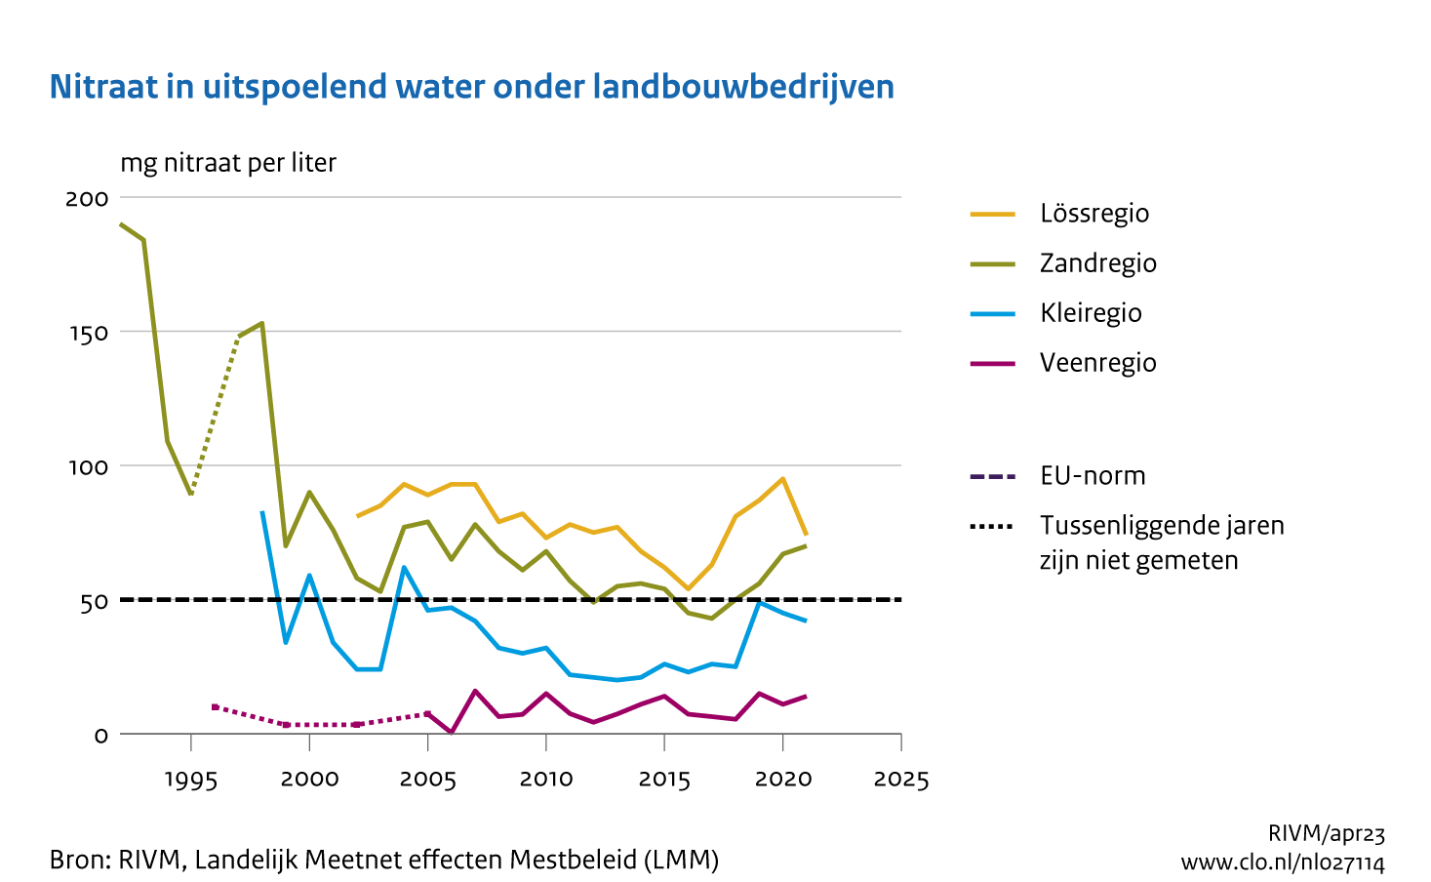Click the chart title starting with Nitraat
[471, 87]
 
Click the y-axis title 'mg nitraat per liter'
[228, 163]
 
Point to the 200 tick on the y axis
[87, 198]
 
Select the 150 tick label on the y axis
[87, 333]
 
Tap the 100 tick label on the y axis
[87, 466]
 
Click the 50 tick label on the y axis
[94, 601]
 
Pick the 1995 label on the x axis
[191, 780]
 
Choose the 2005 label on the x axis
[428, 780]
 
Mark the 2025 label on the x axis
[901, 780]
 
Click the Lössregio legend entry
[1093, 214]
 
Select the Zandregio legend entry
[1097, 263]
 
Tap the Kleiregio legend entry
[1090, 313]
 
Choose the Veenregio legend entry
[1097, 363]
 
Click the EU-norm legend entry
[1092, 476]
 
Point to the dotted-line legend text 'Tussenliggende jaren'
[1161, 526]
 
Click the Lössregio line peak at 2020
[782, 478]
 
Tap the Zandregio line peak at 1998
[261, 323]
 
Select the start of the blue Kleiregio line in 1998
[261, 511]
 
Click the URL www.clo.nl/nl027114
[1282, 862]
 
